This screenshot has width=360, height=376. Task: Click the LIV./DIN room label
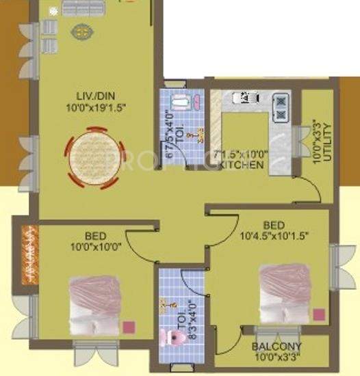(95, 96)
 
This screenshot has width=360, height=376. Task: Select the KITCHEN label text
(241, 165)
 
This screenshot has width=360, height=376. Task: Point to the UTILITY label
(328, 141)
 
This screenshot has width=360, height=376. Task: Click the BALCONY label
(277, 346)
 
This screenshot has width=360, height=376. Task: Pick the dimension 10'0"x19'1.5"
(96, 107)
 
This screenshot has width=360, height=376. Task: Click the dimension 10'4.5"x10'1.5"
(274, 236)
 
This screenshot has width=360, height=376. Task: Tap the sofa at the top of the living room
(81, 8)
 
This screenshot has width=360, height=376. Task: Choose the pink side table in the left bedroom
(128, 327)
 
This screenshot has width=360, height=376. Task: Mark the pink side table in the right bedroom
(318, 313)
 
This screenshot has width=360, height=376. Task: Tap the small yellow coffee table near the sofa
(81, 31)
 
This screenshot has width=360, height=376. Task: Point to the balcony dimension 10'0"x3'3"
(277, 356)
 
